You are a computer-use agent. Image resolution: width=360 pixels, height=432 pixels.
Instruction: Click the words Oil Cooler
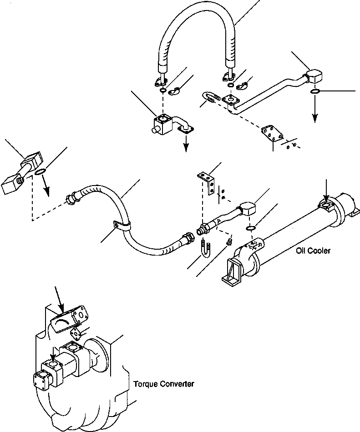[313, 251]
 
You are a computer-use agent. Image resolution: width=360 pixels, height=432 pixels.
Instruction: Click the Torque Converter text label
[164, 384]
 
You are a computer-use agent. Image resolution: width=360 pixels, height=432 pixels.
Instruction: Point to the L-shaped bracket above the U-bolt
[207, 182]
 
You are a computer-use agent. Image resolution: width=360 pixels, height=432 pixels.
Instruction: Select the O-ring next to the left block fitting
[40, 171]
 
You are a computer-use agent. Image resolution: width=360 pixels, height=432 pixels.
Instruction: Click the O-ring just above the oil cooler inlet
[250, 228]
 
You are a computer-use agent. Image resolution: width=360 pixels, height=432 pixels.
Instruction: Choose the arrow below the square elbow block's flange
[186, 146]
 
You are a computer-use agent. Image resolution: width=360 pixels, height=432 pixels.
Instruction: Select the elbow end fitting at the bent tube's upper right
[313, 76]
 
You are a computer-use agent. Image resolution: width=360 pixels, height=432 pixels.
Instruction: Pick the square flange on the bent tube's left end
[232, 100]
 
